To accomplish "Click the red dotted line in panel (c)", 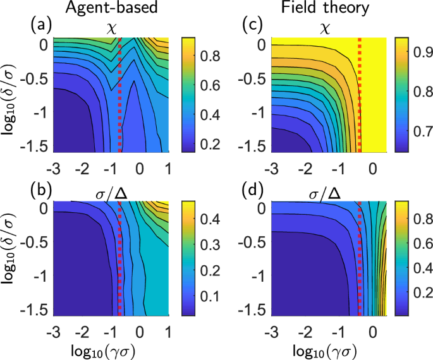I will pyautogui.click(x=359, y=95).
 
